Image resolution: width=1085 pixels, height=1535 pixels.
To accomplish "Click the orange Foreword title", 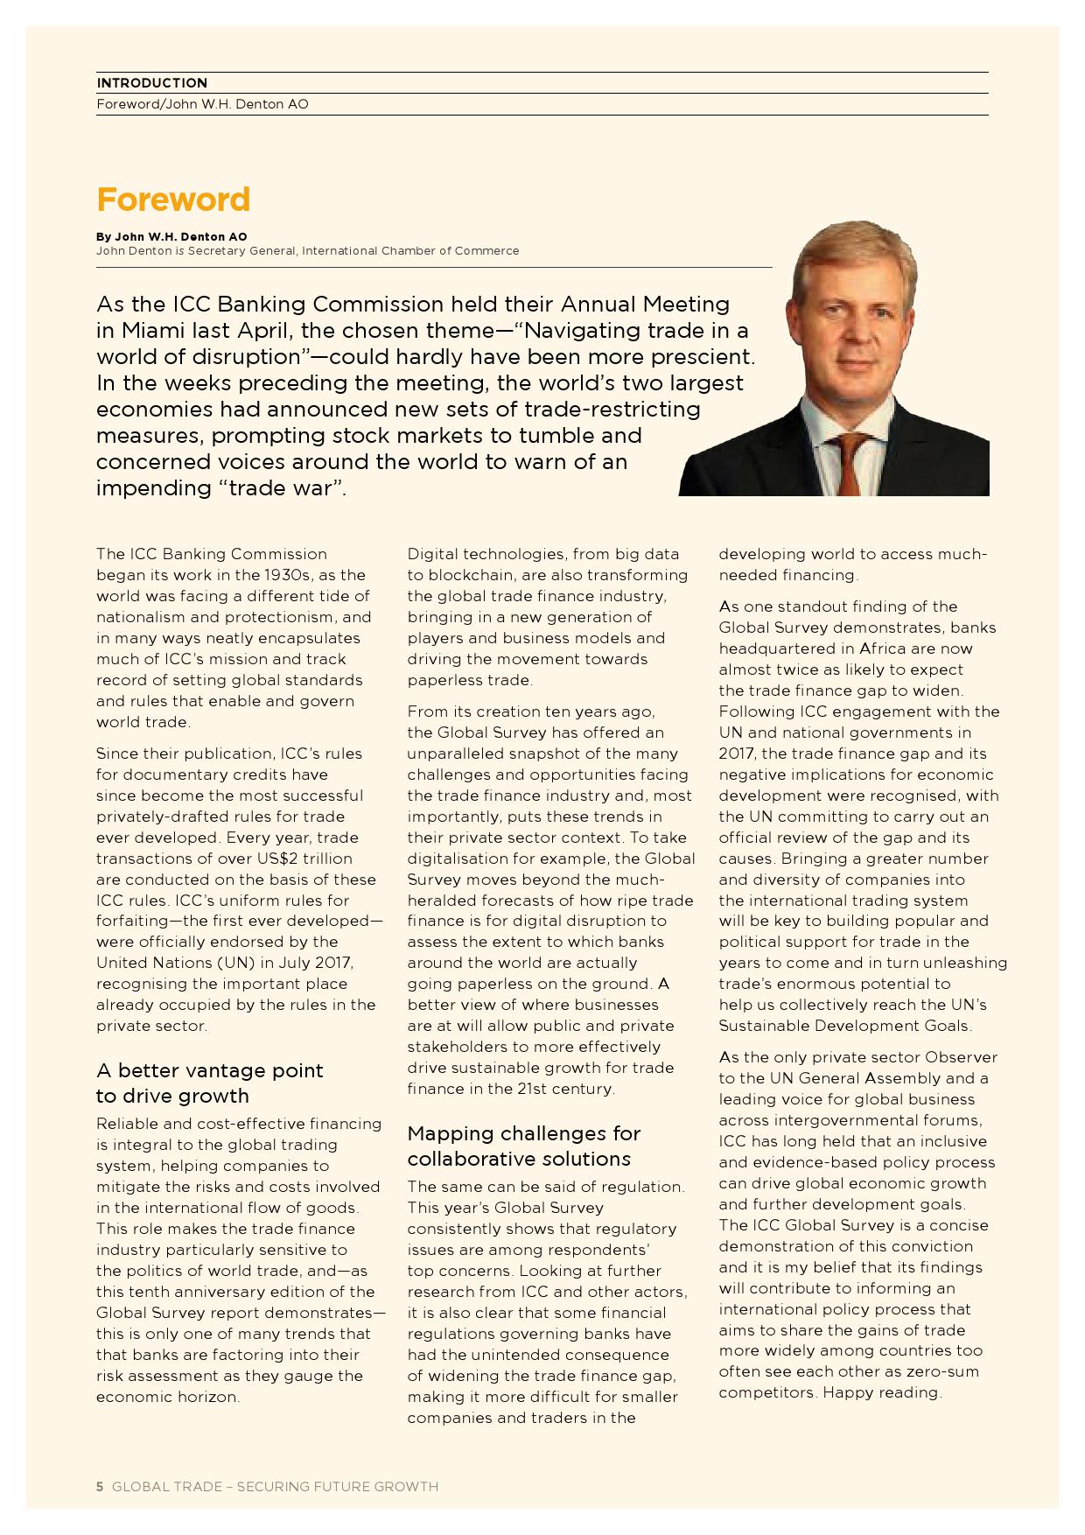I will pyautogui.click(x=173, y=200).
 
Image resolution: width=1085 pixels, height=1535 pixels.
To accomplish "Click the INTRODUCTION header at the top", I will pyautogui.click(x=152, y=83).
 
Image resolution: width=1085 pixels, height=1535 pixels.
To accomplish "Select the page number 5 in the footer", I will pyautogui.click(x=100, y=1486).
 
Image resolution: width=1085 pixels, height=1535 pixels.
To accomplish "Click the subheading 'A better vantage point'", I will pyautogui.click(x=209, y=1070).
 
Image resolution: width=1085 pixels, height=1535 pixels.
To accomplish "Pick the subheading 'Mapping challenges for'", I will pyautogui.click(x=523, y=1133).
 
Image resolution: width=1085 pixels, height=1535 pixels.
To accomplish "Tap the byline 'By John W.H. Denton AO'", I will pyautogui.click(x=171, y=236).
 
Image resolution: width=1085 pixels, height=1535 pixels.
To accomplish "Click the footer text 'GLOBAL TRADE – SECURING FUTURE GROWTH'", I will pyautogui.click(x=275, y=1486).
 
